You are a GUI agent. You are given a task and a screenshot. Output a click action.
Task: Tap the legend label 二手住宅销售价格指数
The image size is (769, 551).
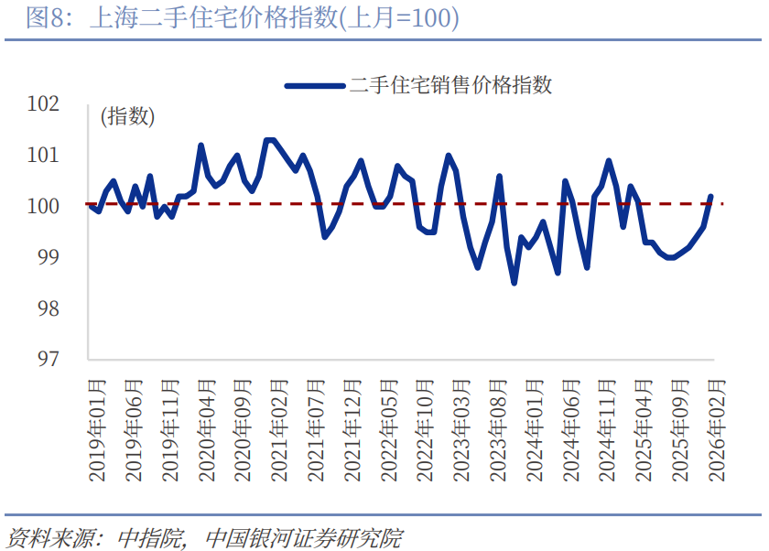point(451,85)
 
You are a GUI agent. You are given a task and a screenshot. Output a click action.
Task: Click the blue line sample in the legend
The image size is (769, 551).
point(315,86)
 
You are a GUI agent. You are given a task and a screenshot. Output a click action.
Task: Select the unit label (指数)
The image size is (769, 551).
point(127,116)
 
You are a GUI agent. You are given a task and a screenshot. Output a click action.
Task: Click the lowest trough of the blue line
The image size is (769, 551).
point(514,283)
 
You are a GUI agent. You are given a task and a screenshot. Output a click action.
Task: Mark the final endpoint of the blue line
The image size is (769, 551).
point(711,196)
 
